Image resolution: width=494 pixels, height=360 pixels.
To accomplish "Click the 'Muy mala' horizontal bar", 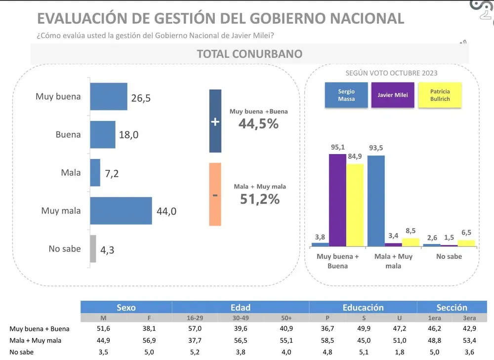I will [x=121, y=211].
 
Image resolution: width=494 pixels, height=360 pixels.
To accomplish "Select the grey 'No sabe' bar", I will [x=93, y=249].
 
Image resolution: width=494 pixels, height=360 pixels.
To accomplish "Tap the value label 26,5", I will [x=141, y=98].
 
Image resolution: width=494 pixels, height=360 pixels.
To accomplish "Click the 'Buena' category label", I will [x=68, y=134].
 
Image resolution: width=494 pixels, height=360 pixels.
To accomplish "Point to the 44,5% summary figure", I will [x=258, y=124].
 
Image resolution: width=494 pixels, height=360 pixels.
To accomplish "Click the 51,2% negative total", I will [x=260, y=199].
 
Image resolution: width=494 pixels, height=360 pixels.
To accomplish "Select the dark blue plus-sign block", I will [x=215, y=121].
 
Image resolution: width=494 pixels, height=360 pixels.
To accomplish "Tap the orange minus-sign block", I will [x=215, y=195].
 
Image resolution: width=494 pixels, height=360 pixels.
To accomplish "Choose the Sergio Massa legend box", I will [x=346, y=95].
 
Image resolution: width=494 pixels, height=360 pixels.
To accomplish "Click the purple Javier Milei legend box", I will [x=393, y=95].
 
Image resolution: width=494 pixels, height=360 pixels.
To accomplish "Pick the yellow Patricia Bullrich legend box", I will [x=440, y=95].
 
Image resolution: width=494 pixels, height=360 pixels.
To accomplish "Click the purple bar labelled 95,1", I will [x=337, y=200].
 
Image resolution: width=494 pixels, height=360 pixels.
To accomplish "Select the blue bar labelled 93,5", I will [x=376, y=200].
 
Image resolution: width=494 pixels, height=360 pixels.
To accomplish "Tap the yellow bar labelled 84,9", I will [x=355, y=205].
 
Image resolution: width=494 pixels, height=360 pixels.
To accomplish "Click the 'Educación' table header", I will [x=363, y=307].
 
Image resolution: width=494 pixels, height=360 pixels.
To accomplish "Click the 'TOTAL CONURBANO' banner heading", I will [x=249, y=54].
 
